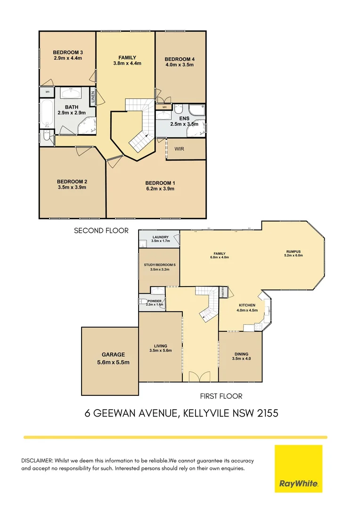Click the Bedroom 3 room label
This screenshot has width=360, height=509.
(x=68, y=52)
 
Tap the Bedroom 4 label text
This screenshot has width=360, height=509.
(x=179, y=59)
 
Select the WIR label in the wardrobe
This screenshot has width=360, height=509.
(x=179, y=149)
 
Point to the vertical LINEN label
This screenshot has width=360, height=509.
(x=93, y=97)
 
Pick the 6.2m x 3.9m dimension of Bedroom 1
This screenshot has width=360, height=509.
(x=160, y=189)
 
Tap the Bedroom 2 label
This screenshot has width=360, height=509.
(x=72, y=181)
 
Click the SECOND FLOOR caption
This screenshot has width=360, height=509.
(x=101, y=231)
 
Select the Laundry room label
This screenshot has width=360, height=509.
(x=160, y=237)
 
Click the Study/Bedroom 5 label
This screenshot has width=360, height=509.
(x=160, y=265)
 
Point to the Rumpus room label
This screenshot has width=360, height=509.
(x=293, y=251)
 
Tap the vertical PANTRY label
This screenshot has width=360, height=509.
(x=223, y=292)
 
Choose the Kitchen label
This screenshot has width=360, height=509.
(x=246, y=305)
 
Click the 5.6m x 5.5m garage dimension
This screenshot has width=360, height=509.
(x=110, y=362)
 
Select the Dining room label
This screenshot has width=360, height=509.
(x=241, y=354)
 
